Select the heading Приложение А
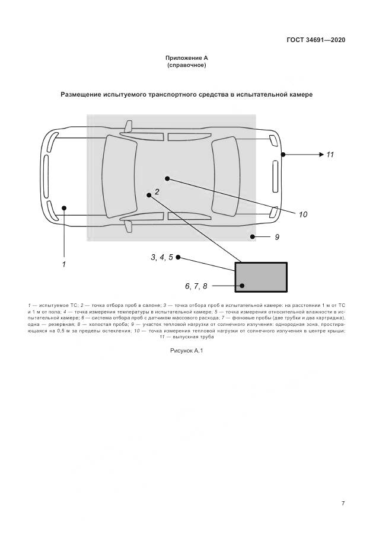click(x=187, y=58)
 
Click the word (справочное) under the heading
click(x=187, y=65)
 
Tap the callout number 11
click(x=330, y=155)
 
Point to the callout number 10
click(x=303, y=214)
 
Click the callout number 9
click(x=276, y=237)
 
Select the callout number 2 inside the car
click(x=157, y=191)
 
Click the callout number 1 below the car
click(x=63, y=264)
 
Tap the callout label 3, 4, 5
click(x=161, y=257)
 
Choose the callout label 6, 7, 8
click(x=196, y=286)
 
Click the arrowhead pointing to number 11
click(x=318, y=155)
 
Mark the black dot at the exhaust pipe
click(x=283, y=155)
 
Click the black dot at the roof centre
click(x=168, y=178)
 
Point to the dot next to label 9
click(x=252, y=237)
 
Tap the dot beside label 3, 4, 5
click(x=178, y=257)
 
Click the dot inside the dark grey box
click(x=241, y=286)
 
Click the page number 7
click(x=343, y=503)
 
